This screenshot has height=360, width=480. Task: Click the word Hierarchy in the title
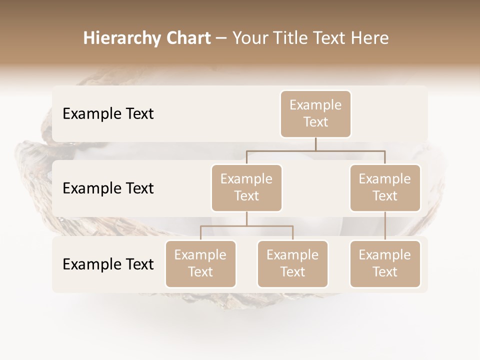tap(114, 38)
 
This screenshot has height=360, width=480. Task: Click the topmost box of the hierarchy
tap(315, 114)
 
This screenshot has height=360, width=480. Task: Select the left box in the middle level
tap(246, 188)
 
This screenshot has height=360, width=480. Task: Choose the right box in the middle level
tap(385, 188)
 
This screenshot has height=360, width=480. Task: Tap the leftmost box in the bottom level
tap(200, 264)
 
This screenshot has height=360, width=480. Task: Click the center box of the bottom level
tap(292, 264)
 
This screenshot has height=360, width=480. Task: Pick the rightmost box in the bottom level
tap(385, 264)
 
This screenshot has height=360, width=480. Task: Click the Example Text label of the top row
tap(108, 114)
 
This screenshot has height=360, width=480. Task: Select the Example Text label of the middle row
tap(108, 188)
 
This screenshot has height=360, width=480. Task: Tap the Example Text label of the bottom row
tap(108, 264)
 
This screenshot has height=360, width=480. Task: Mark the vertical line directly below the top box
tap(315, 144)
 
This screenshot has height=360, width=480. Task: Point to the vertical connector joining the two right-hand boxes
tap(385, 226)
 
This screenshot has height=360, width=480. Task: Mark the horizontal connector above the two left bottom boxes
tap(246, 226)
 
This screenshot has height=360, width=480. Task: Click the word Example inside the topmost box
tap(315, 105)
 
